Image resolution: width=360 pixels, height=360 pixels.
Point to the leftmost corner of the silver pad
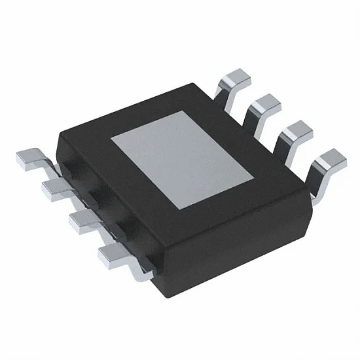(110, 141)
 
